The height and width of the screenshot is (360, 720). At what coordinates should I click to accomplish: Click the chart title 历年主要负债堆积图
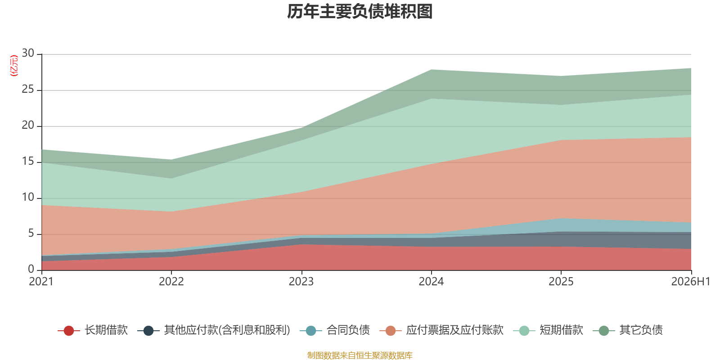360,12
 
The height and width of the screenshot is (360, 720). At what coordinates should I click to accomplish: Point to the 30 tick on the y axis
28,53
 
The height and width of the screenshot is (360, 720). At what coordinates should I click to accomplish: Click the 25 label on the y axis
28,89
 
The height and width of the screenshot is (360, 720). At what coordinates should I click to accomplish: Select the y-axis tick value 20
28,125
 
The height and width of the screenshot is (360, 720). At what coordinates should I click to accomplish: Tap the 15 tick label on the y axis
28,161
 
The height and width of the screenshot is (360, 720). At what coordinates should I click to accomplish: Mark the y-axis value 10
28,197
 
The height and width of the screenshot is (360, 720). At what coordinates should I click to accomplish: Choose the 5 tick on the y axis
31,233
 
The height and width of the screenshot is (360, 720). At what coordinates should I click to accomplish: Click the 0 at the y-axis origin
31,269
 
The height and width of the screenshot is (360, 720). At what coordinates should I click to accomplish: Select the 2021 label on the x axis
41,282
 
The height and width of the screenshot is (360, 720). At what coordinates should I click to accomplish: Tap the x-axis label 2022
171,282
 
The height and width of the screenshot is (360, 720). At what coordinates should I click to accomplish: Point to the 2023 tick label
301,282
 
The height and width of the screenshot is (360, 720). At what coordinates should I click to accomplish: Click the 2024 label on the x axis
431,282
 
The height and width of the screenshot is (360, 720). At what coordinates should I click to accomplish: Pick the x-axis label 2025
561,282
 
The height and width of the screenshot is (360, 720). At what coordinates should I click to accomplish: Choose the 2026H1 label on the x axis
690,282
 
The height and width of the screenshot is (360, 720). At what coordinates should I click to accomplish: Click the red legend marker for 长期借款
69,330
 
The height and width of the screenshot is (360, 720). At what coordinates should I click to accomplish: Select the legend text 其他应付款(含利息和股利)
227,330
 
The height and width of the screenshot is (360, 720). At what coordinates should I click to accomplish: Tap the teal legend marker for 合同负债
311,330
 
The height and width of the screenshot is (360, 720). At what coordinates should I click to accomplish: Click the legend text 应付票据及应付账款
454,330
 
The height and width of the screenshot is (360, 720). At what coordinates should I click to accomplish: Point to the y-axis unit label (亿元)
14,66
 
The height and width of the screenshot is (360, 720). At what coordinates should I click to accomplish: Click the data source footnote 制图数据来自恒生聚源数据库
360,355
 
